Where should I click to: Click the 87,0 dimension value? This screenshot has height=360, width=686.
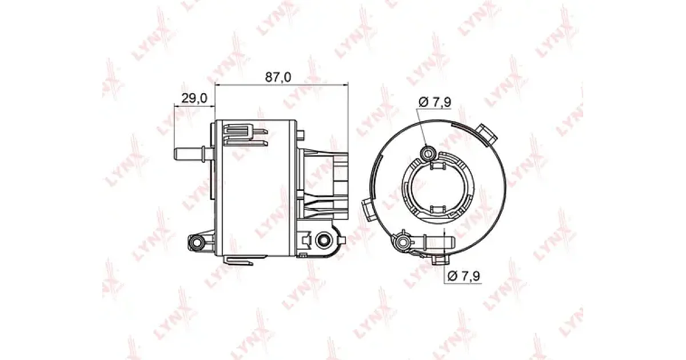(278, 77)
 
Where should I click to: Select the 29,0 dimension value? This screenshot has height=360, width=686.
(194, 98)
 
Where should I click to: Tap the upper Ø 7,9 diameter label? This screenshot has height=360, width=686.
(435, 102)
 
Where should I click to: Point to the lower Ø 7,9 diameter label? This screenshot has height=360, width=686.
(464, 276)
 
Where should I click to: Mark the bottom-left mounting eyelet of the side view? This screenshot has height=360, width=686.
(196, 243)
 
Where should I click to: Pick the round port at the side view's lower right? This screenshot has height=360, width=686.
(324, 241)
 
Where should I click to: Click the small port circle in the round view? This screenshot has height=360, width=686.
(427, 153)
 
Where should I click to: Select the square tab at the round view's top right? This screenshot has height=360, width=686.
(486, 134)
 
